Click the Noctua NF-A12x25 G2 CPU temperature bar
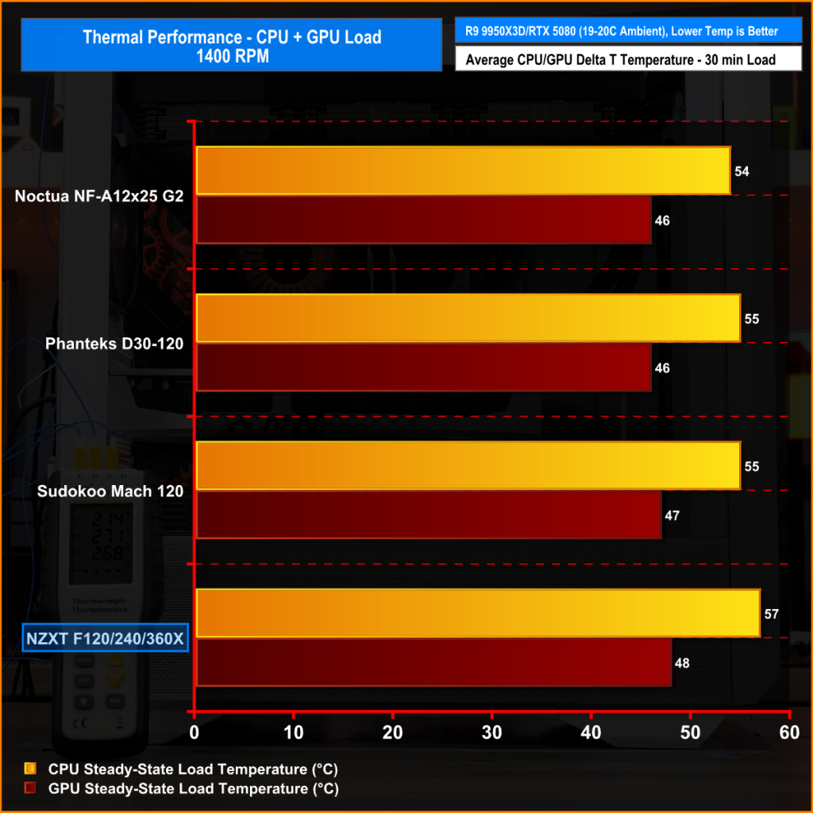463,171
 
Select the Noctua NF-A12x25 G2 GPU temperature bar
423,220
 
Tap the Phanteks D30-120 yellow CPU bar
468,318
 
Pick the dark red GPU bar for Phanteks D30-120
423,368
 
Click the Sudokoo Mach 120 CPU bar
468,466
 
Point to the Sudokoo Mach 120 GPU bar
428,515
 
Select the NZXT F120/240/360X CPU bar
477,614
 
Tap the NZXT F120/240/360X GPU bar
433,663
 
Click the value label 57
772,614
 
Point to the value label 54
742,171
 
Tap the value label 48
683,663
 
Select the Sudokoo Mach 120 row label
110,491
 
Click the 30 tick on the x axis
492,733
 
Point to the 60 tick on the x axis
789,733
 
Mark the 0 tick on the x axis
195,733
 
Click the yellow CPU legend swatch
31,769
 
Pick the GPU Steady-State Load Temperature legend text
194,788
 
